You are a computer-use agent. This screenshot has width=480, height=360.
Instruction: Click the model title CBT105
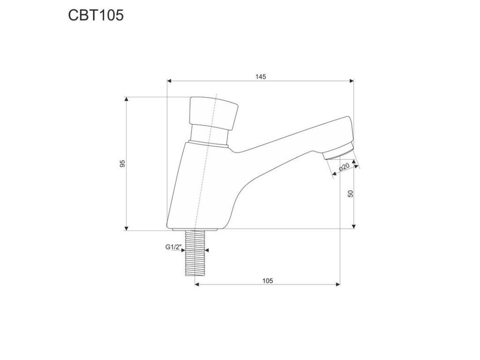96,15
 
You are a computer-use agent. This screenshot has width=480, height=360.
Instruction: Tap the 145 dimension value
261,77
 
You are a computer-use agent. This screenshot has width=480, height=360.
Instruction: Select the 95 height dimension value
123,164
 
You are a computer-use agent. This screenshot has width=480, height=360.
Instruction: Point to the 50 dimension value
351,194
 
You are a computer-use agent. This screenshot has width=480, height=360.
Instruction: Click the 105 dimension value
268,281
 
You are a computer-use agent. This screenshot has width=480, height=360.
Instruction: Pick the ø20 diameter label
345,167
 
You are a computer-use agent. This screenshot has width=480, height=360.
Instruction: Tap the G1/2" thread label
174,247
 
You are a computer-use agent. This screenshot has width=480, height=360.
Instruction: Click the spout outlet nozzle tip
338,151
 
